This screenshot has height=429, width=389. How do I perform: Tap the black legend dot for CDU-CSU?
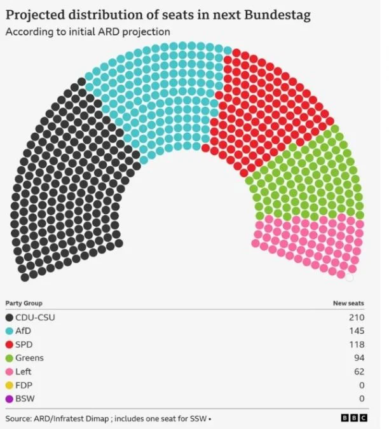click(x=9, y=318)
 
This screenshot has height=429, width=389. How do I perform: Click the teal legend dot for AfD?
click(x=9, y=331)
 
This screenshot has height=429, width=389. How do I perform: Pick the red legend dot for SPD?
click(x=9, y=344)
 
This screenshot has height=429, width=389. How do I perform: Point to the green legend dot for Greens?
click(x=9, y=358)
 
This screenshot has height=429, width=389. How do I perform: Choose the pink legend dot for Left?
click(x=9, y=372)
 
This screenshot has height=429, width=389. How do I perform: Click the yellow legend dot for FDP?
click(x=9, y=385)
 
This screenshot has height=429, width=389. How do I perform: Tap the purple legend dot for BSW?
click(x=9, y=398)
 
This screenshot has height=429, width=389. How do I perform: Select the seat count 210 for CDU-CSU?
click(x=357, y=318)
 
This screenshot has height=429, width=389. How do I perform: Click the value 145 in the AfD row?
click(x=357, y=331)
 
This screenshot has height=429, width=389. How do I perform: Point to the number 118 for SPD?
click(x=357, y=344)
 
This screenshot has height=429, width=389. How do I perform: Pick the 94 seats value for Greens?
click(x=358, y=358)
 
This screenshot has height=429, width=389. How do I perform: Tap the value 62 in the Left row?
click(x=358, y=372)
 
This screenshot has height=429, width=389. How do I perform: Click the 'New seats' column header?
click(x=348, y=303)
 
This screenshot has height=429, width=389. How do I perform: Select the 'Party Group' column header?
click(x=24, y=303)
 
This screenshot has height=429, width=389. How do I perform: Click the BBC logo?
click(x=355, y=418)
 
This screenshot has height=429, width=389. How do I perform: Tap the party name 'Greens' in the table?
click(x=29, y=358)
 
